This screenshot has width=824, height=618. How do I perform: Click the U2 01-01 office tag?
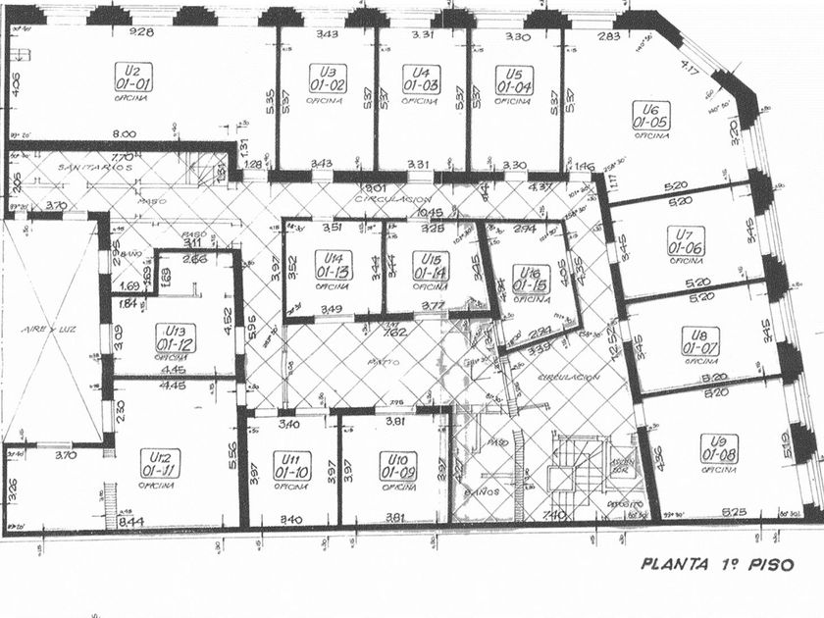134,77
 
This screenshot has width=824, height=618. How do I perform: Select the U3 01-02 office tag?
327,78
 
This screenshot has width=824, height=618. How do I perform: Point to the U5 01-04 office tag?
514,78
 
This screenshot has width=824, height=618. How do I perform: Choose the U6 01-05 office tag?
650,116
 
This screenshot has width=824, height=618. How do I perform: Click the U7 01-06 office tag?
687,240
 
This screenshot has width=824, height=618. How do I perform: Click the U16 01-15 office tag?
531,278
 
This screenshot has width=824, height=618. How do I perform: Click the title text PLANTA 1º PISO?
717,564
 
